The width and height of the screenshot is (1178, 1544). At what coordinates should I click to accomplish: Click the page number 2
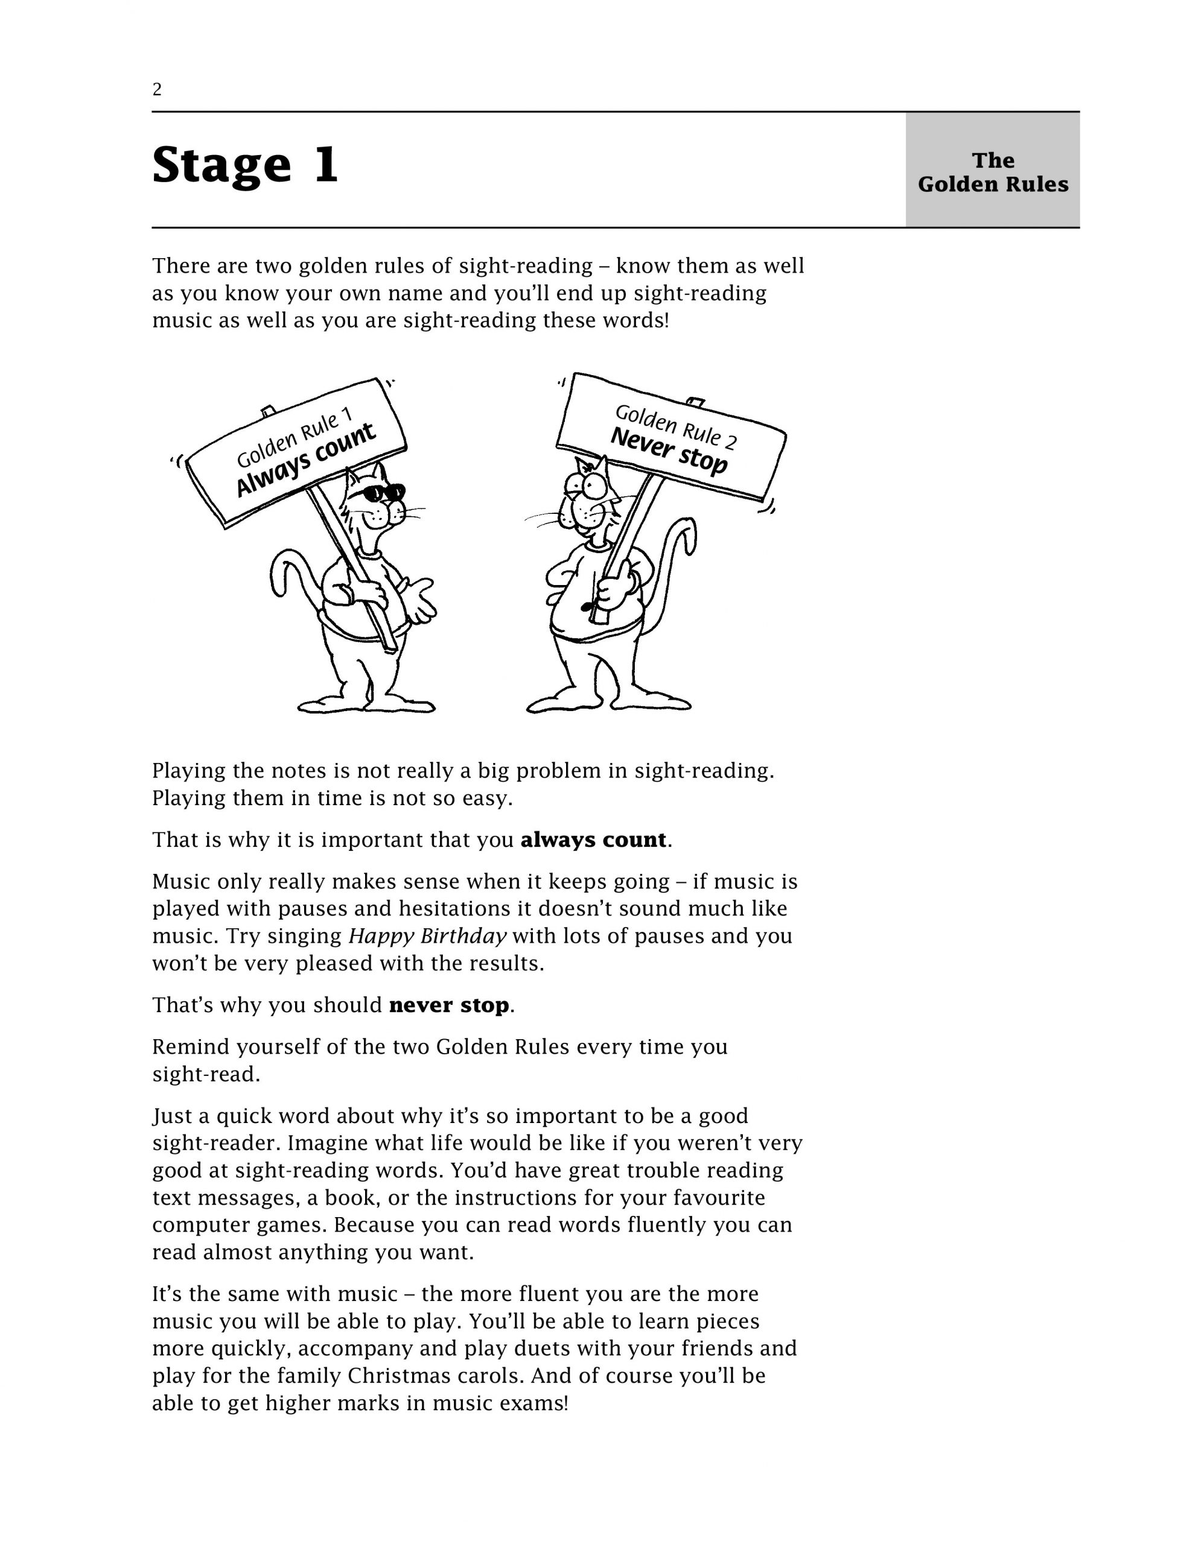157,90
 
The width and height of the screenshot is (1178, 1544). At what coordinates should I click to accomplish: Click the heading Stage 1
245,165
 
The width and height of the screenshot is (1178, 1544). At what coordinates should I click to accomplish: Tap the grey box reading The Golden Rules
992,172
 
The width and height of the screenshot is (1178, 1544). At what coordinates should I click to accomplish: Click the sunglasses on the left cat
382,492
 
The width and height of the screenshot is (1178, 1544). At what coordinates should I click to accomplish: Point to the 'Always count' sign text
306,460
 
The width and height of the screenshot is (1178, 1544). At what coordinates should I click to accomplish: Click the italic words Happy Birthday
428,937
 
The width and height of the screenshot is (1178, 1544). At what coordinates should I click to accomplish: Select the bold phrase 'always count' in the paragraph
593,840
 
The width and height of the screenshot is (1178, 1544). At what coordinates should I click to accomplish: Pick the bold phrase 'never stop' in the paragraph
449,1006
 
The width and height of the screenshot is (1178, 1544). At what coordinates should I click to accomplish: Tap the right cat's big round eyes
588,483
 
